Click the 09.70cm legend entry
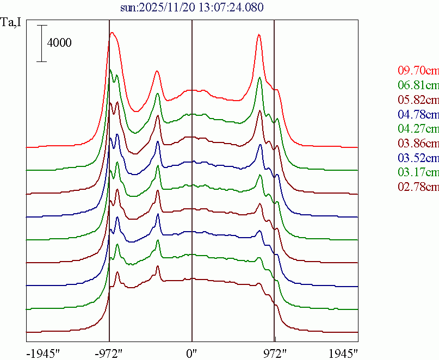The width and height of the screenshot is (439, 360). tap(418, 71)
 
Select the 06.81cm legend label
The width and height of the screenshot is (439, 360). tap(418, 85)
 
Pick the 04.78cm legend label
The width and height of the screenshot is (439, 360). tap(418, 115)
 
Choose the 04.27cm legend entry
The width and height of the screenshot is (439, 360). tap(418, 129)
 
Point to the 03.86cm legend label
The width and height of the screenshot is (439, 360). tap(418, 144)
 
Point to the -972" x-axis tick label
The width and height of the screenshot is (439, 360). tap(109, 353)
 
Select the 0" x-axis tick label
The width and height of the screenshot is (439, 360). tap(192, 353)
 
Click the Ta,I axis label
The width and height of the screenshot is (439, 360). tap(12, 23)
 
